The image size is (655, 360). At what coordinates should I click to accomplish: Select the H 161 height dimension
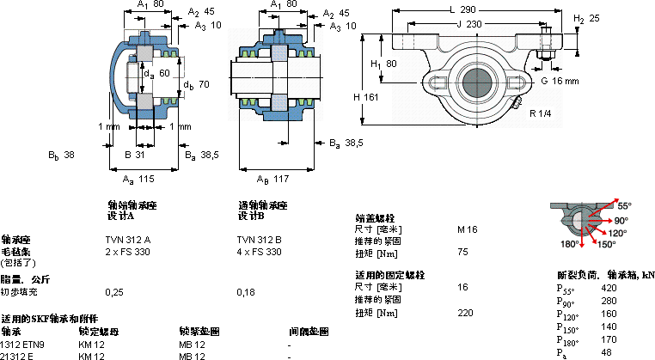pyautogui.click(x=365, y=97)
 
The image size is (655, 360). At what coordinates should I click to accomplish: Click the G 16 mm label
pyautogui.click(x=560, y=81)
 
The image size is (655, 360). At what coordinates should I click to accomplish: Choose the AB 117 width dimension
pyautogui.click(x=273, y=179)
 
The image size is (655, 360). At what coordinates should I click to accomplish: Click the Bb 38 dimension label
pyautogui.click(x=61, y=156)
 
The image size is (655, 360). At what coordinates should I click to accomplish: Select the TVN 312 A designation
pyautogui.click(x=127, y=239)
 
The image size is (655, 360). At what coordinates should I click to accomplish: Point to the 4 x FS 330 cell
pyautogui.click(x=259, y=252)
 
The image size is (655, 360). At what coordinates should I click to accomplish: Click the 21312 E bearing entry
pyautogui.click(x=17, y=356)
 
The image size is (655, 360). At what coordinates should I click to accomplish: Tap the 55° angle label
pyautogui.click(x=623, y=205)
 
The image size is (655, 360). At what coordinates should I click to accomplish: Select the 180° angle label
pyautogui.click(x=569, y=244)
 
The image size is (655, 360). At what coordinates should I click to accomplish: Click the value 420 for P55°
pyautogui.click(x=609, y=288)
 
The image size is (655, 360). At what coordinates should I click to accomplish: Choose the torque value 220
pyautogui.click(x=465, y=312)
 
